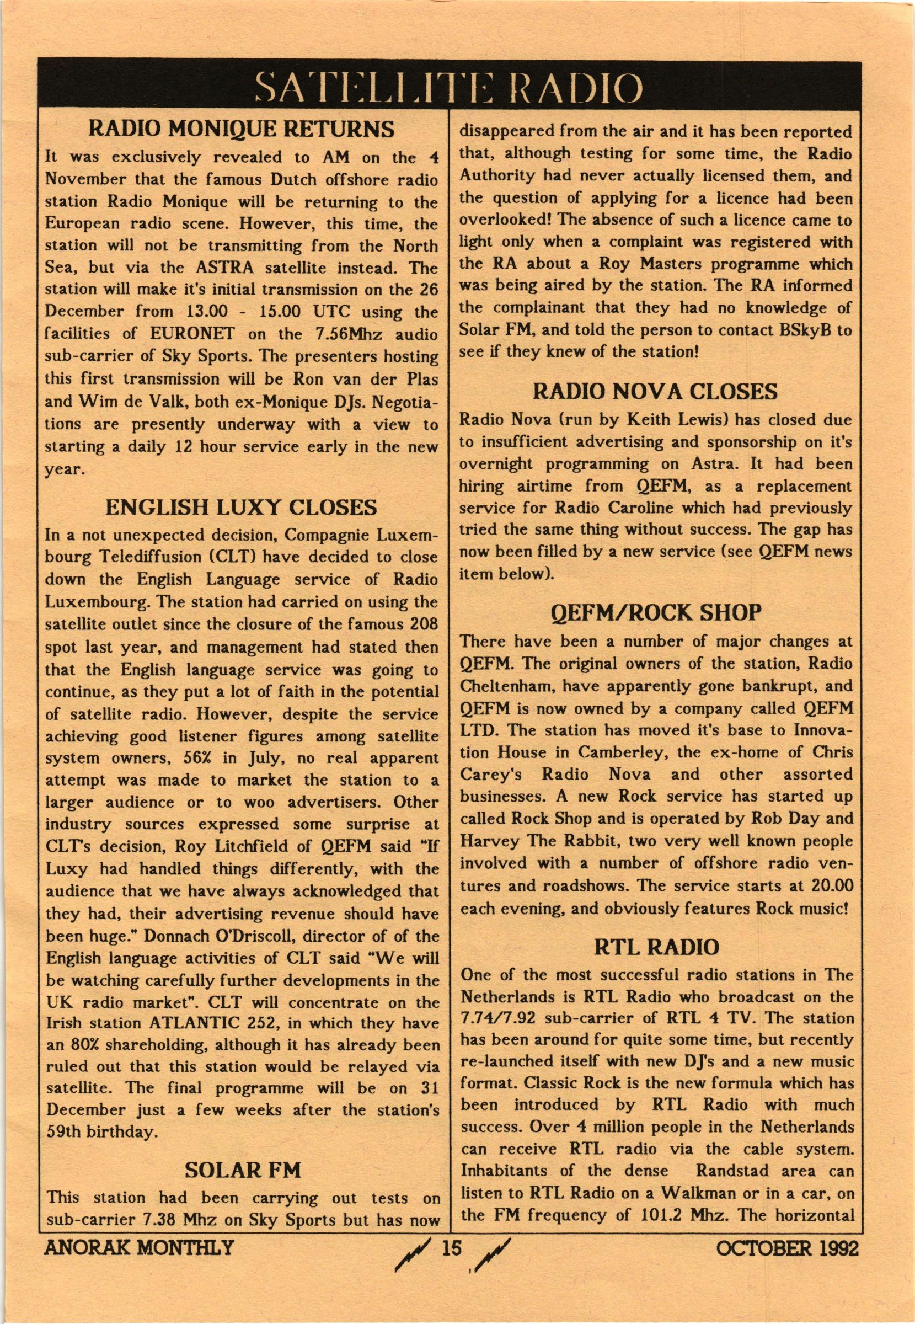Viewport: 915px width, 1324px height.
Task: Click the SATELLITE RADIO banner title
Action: point(449,88)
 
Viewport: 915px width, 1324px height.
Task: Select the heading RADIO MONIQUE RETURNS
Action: point(242,130)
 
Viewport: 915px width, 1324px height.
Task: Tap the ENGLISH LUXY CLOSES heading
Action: point(242,508)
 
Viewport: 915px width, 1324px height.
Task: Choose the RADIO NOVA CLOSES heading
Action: point(655,392)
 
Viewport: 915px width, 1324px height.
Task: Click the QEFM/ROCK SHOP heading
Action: point(656,613)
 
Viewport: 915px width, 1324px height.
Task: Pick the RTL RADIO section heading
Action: point(656,947)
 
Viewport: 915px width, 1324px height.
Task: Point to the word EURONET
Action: point(192,334)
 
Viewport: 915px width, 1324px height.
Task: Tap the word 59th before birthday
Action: point(64,1132)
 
